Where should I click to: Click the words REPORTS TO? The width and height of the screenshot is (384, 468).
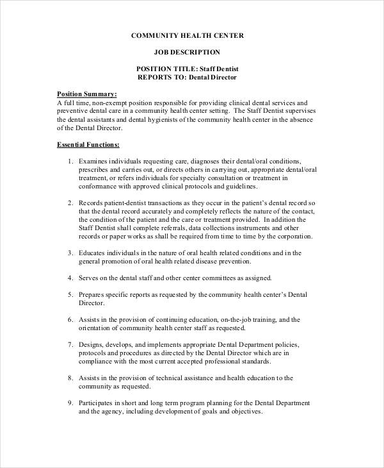tap(160, 77)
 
